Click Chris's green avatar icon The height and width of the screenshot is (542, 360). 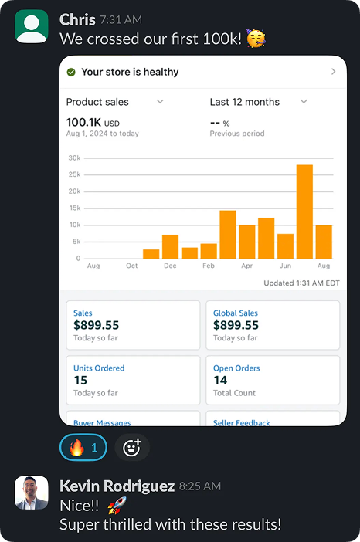[32, 26]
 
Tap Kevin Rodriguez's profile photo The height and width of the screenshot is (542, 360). [32, 493]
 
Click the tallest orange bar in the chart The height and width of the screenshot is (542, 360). [304, 212]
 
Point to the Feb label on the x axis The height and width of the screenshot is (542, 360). [209, 266]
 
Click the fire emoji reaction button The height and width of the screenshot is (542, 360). [83, 447]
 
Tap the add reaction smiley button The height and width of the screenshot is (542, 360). [133, 447]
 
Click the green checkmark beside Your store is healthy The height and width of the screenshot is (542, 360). [71, 72]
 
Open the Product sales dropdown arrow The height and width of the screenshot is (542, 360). [160, 102]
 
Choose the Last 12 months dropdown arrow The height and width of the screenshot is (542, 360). [304, 102]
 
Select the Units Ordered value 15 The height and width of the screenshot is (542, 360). [80, 380]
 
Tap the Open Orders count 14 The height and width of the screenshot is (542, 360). [220, 380]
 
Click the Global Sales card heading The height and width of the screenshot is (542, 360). [236, 313]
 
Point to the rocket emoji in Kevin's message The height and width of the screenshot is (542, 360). [116, 506]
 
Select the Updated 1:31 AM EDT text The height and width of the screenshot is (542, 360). [301, 283]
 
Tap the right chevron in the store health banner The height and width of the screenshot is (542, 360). [333, 72]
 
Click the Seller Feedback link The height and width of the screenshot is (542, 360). [241, 422]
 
